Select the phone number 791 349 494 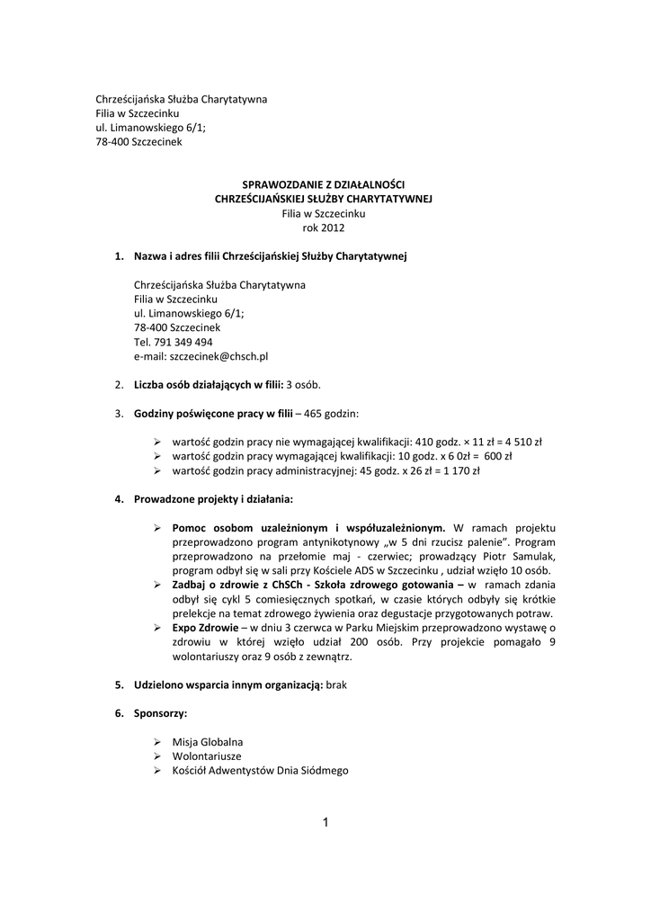pyautogui.click(x=183, y=342)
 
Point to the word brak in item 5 pyautogui.click(x=335, y=684)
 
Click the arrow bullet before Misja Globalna pyautogui.click(x=156, y=741)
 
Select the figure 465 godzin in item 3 pyautogui.click(x=332, y=413)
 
